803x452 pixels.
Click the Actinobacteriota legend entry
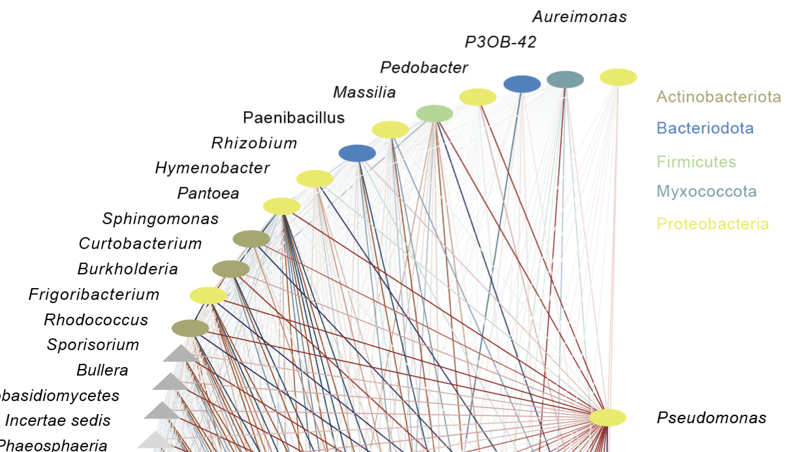coord(719,97)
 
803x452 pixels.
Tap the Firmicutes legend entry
coord(696,161)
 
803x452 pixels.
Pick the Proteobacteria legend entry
coord(712,224)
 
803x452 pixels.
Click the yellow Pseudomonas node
coord(608,417)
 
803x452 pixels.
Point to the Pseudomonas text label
coord(711,418)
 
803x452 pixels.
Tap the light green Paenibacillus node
coord(434,113)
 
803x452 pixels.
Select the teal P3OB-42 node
coord(565,79)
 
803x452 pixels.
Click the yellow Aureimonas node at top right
coord(618,77)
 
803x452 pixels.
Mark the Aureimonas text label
coord(579,17)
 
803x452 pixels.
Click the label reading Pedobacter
coord(424,67)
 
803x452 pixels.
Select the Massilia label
coord(364,92)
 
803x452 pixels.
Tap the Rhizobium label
coord(254,143)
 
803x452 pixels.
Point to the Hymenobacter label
coord(212,168)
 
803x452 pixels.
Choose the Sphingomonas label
coord(160,219)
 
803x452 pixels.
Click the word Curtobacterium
coord(140,244)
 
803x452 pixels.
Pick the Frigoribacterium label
coord(94,295)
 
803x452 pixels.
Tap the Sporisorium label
coord(93,345)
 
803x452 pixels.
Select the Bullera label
coord(102,370)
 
